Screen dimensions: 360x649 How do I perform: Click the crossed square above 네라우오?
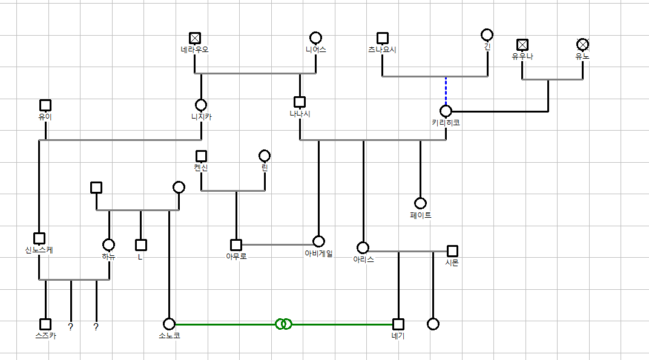point(194,38)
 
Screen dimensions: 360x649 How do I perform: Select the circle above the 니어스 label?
point(315,38)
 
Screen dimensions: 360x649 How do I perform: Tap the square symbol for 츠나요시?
point(382,38)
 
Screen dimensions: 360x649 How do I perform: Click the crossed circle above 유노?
point(582,44)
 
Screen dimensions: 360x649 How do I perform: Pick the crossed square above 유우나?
point(522,44)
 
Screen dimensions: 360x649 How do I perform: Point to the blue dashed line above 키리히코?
point(446,91)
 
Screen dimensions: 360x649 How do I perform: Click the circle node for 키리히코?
point(446,111)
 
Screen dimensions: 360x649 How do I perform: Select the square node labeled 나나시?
point(300,102)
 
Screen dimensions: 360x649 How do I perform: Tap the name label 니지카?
point(201,117)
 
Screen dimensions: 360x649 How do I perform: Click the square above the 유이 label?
point(45,105)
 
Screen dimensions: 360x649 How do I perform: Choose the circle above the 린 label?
point(265,155)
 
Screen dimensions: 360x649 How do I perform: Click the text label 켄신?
point(201,168)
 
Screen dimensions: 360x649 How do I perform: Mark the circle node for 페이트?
point(420,203)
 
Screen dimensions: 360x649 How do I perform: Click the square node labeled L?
point(141,245)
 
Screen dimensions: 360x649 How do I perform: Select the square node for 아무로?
point(236,245)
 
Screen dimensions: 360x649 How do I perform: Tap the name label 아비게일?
point(318,254)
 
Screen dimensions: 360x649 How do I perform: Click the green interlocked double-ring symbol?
point(283,324)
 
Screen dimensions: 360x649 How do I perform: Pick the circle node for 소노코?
point(169,324)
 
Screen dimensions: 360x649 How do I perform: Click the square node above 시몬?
point(452,251)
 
